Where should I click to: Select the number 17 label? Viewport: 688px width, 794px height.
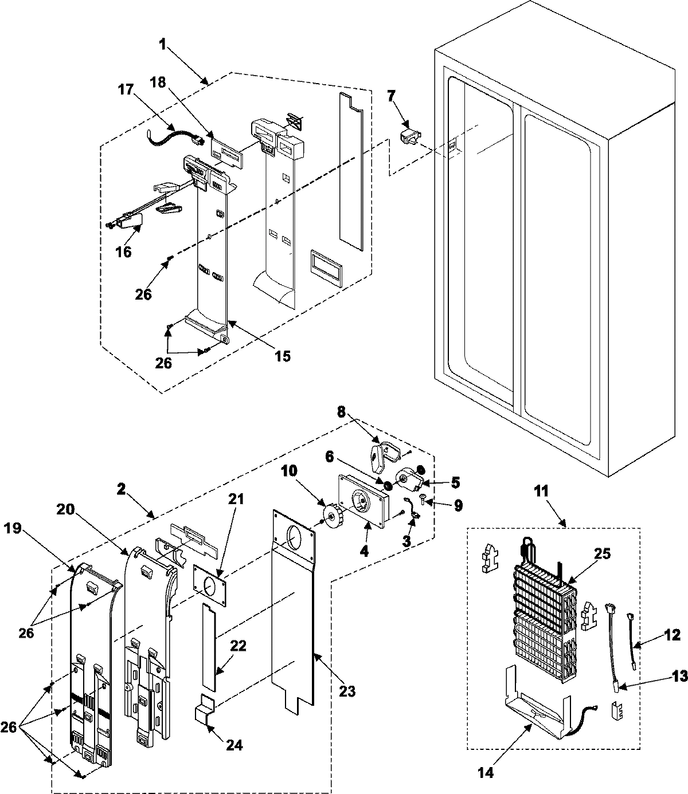pyautogui.click(x=126, y=90)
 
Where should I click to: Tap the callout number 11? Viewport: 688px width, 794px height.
pyautogui.click(x=541, y=491)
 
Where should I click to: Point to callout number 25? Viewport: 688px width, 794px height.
pyautogui.click(x=601, y=554)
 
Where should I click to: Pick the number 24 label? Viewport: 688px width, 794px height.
pyautogui.click(x=234, y=745)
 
